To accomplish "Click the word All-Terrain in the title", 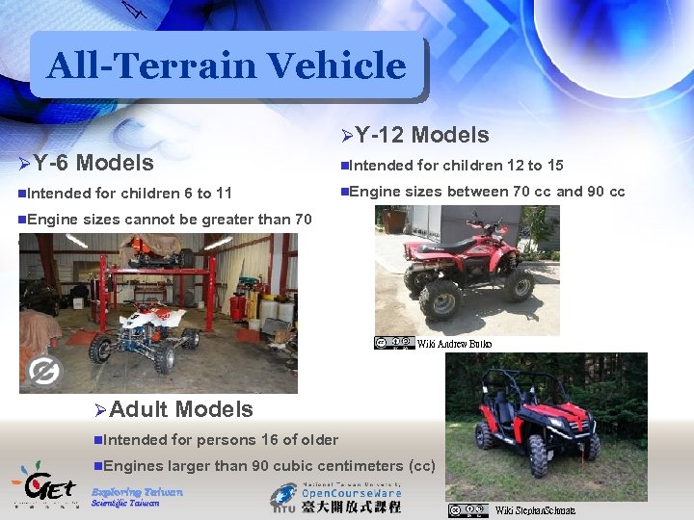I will tap(152, 65).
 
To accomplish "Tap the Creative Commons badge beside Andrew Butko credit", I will tap(394, 343).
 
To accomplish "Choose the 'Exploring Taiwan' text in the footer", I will tap(136, 491).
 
